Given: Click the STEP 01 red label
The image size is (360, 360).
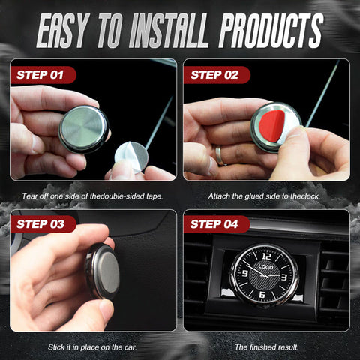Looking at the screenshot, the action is click(x=43, y=75).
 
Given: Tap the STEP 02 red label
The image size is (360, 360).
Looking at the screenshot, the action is click(x=217, y=75).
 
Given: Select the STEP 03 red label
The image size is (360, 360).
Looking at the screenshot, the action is click(x=43, y=224).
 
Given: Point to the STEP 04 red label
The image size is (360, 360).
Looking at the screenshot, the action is click(x=217, y=224).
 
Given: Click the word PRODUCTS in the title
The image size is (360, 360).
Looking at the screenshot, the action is click(x=271, y=31).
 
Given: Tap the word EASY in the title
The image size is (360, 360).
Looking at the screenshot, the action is click(x=63, y=31).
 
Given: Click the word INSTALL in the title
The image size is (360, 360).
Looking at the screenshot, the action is click(x=169, y=31).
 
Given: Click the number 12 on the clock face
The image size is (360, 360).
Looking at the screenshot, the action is click(x=266, y=256).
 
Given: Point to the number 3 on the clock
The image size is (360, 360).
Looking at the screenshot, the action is click(x=284, y=277).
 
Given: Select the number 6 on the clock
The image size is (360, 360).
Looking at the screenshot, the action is click(x=262, y=295).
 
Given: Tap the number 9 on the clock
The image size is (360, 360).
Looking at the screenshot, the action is click(x=245, y=273).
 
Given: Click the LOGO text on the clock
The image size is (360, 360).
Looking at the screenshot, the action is click(x=265, y=267).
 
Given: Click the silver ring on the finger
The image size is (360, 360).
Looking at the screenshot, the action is click(x=219, y=156).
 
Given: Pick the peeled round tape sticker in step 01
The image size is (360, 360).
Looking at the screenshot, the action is click(x=131, y=157).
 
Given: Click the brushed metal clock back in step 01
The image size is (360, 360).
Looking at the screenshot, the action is click(x=84, y=129).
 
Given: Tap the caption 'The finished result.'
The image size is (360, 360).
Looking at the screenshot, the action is click(x=267, y=347).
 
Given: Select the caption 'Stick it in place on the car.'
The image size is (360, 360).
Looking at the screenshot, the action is click(x=92, y=347).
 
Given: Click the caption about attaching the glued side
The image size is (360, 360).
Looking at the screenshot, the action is click(x=264, y=196).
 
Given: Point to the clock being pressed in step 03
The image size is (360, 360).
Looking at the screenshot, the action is click(x=103, y=271).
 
